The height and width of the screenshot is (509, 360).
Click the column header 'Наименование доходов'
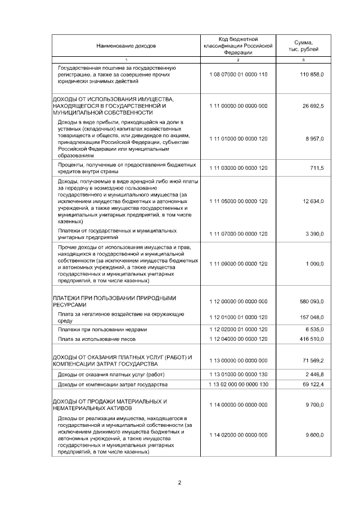[126, 45]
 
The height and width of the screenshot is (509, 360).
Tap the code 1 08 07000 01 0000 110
[238, 75]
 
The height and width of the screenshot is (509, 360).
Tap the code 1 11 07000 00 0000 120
[238, 234]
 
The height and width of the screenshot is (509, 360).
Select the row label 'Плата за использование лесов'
[97, 339]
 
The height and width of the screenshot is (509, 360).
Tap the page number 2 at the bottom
[179, 483]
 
